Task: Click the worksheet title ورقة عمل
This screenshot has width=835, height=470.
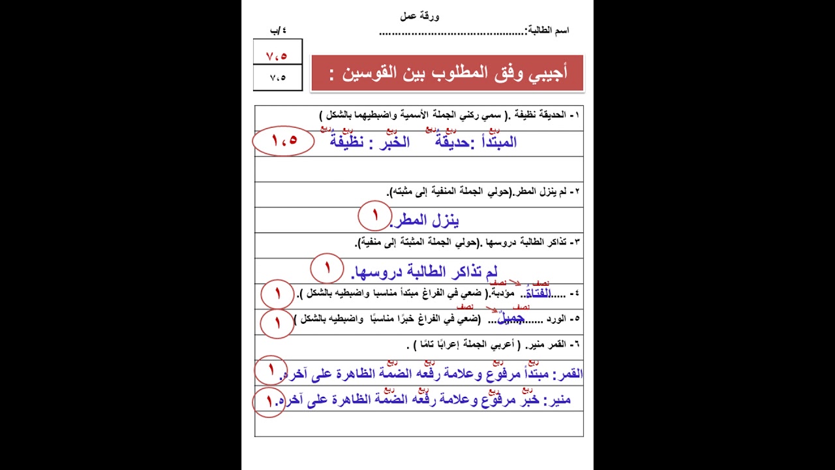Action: tap(419, 16)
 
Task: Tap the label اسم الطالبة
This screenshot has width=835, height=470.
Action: tap(548, 31)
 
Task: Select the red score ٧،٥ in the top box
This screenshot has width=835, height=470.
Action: tap(277, 55)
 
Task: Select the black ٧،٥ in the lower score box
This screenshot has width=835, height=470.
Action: tap(277, 78)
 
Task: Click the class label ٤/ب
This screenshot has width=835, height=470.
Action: tap(278, 31)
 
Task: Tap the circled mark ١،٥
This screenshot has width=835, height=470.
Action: tap(284, 140)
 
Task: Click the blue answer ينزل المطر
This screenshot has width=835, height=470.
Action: tap(425, 221)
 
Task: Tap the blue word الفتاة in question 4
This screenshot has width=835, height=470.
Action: tap(538, 293)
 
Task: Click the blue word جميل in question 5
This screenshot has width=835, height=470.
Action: tap(511, 319)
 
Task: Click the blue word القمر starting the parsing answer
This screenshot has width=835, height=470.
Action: tap(568, 374)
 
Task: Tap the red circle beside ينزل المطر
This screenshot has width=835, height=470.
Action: tap(374, 216)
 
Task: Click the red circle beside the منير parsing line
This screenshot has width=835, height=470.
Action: tap(269, 401)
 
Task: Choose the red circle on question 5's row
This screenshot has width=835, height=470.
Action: tap(277, 322)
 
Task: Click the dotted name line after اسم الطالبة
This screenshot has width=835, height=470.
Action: tap(451, 31)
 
